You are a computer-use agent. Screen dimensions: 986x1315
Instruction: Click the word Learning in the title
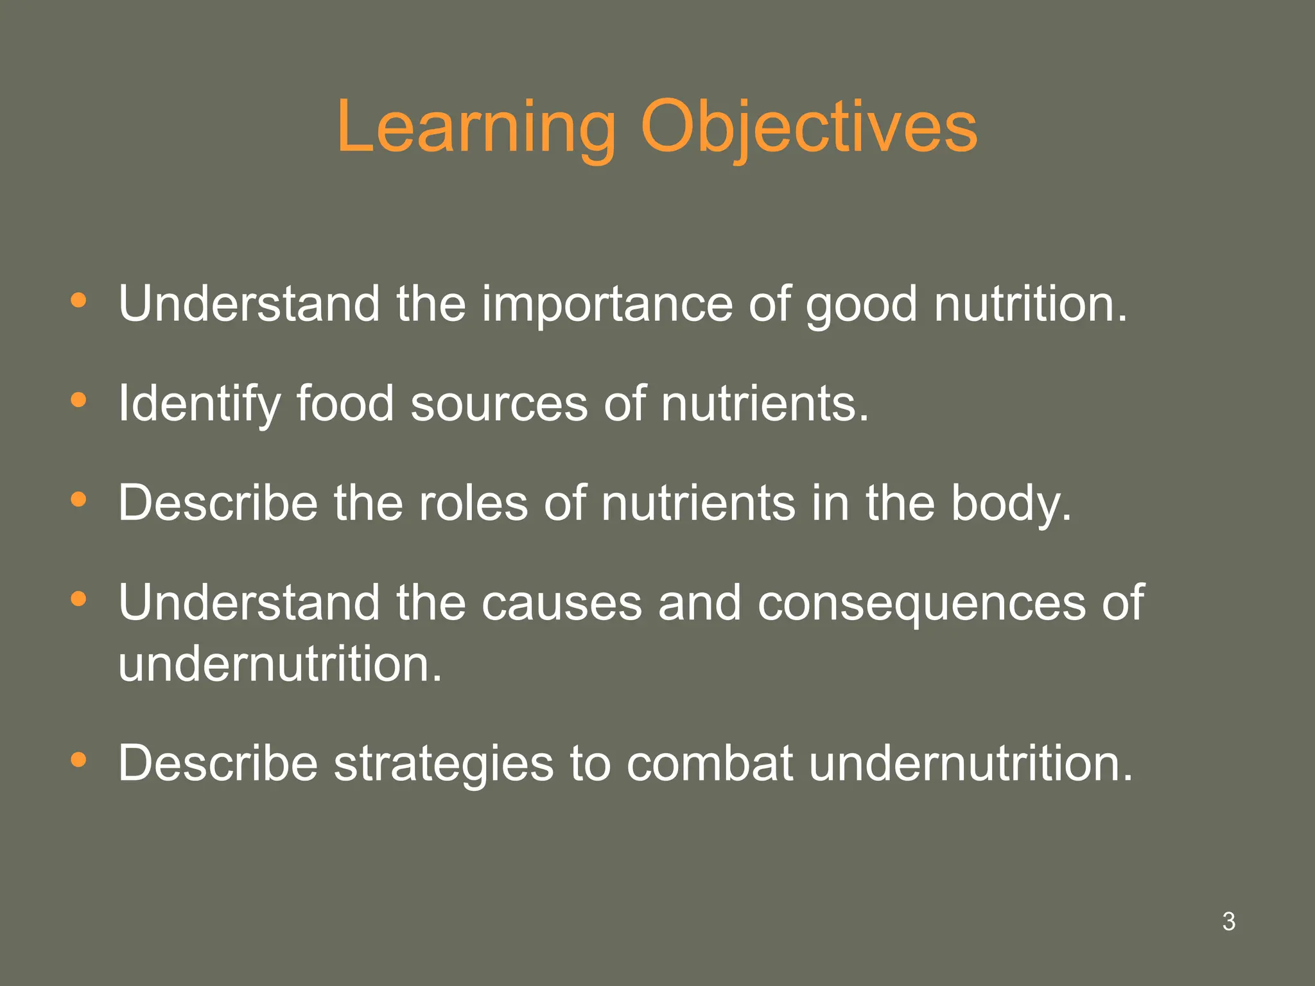[x=475, y=128]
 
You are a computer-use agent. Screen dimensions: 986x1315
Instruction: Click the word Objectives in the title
[x=809, y=128]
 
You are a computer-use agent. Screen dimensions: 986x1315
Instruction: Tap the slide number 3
[x=1228, y=921]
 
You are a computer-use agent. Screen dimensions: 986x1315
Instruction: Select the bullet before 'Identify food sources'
[x=78, y=400]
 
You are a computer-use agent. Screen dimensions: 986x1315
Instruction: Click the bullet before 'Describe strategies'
[x=78, y=760]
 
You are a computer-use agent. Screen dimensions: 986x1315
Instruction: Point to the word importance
[x=607, y=305]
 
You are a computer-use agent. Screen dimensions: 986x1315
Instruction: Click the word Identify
[x=199, y=404]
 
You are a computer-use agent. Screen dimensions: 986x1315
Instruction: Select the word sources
[x=499, y=404]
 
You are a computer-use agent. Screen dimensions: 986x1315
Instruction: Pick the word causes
[x=561, y=603]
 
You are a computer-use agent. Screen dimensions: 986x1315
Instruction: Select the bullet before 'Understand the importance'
[x=78, y=300]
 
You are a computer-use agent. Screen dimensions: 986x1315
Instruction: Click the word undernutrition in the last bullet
[x=970, y=764]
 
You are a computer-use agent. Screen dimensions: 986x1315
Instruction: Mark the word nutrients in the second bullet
[x=764, y=404]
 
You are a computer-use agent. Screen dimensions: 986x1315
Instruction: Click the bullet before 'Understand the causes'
[x=78, y=599]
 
